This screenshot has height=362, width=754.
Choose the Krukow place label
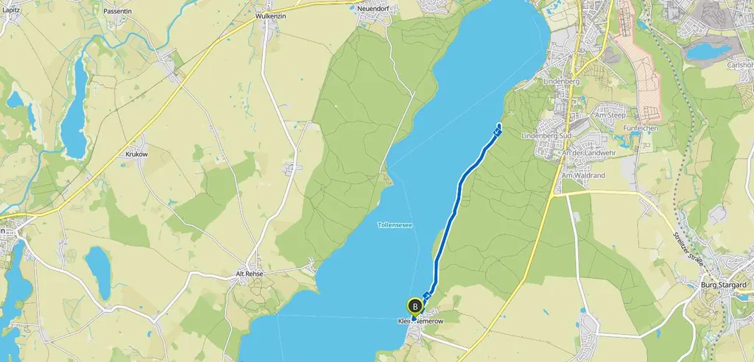(137, 155)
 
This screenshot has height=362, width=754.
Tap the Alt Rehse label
(249, 273)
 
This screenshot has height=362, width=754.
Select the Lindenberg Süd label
(546, 136)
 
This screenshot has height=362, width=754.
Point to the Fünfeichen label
(640, 128)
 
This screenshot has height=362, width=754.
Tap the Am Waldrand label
(582, 175)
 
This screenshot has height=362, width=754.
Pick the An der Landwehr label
(588, 152)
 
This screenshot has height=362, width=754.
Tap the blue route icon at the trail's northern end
(498, 132)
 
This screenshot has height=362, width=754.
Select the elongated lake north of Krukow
(74, 107)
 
